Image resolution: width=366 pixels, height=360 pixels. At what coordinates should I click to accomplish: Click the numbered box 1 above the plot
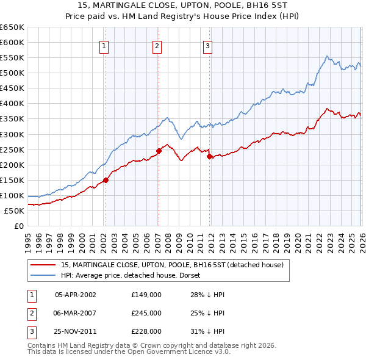click(x=104, y=45)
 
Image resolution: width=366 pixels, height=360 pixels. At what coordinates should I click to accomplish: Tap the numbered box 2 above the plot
click(x=157, y=45)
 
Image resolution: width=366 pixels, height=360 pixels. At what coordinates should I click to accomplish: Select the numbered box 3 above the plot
click(x=208, y=45)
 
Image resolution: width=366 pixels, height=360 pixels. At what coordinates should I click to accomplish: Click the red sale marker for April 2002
click(x=106, y=180)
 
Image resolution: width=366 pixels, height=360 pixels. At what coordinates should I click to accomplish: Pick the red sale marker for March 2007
click(x=159, y=151)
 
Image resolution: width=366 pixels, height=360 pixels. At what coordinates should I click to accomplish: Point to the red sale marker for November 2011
click(x=209, y=156)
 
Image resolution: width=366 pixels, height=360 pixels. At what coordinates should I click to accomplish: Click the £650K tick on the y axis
click(x=12, y=27)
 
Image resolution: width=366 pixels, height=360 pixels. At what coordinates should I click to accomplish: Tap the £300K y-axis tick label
click(x=12, y=134)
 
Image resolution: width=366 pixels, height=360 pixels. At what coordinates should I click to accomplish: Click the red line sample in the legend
click(x=43, y=265)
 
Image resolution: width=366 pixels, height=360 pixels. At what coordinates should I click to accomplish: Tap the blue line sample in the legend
click(x=43, y=275)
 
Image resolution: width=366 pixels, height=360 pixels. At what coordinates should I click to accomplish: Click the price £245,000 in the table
click(x=146, y=313)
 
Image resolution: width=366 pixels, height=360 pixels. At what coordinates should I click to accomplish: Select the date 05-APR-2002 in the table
click(x=75, y=295)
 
